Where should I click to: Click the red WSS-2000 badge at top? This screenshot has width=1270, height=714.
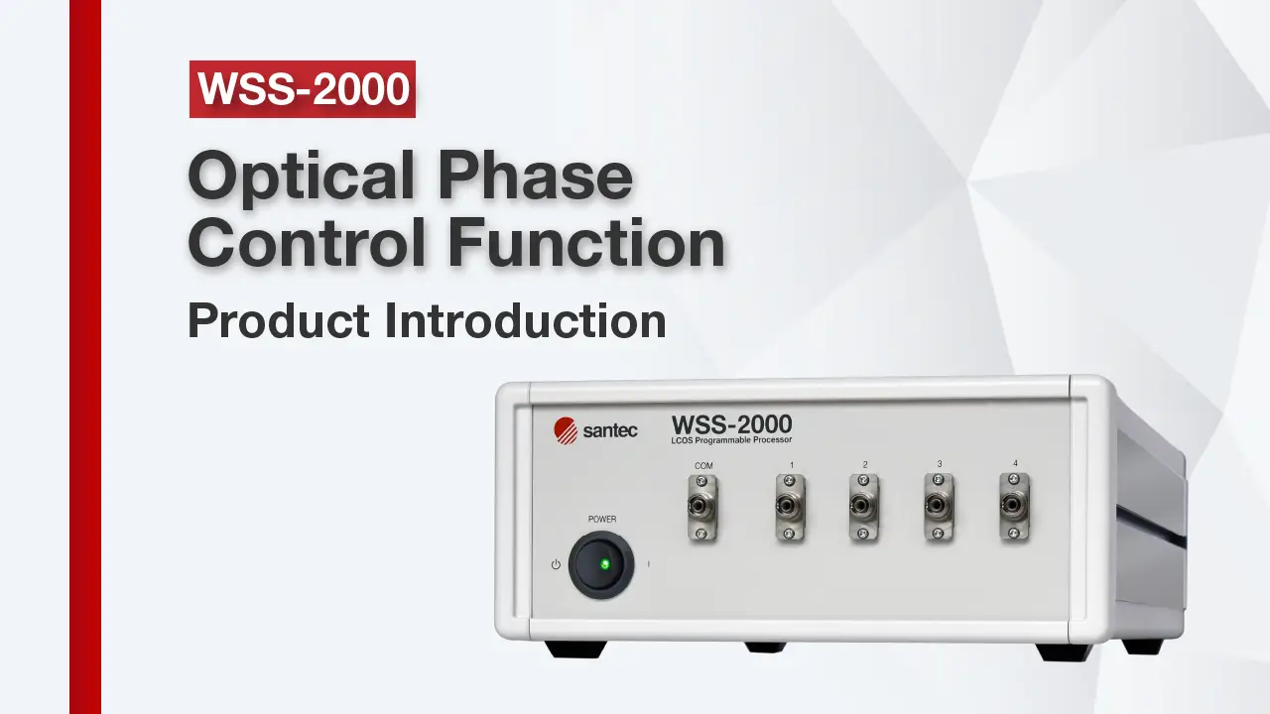[303, 89]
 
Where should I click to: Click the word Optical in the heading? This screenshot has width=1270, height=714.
[301, 177]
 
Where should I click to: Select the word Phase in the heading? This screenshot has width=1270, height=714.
[535, 175]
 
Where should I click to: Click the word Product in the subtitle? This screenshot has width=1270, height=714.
[279, 320]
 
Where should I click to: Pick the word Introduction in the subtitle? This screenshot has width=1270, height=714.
[525, 320]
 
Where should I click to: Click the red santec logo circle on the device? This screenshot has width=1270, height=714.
[566, 430]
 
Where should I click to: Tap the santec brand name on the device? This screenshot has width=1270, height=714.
[610, 430]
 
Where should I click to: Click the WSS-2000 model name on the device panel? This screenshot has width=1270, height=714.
[731, 424]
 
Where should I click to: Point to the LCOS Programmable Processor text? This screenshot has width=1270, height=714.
[731, 440]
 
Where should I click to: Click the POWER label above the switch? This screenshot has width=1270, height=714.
[602, 519]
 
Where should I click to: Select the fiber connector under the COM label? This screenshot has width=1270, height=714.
[701, 507]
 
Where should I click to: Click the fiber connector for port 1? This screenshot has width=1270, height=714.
[789, 507]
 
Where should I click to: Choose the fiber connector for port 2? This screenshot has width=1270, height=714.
[863, 506]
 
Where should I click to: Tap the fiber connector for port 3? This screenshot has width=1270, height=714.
[939, 506]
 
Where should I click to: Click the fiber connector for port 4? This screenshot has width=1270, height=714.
[1014, 506]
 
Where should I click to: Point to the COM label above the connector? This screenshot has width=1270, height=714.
[703, 466]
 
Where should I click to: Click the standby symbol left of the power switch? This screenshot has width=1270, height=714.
[556, 564]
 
